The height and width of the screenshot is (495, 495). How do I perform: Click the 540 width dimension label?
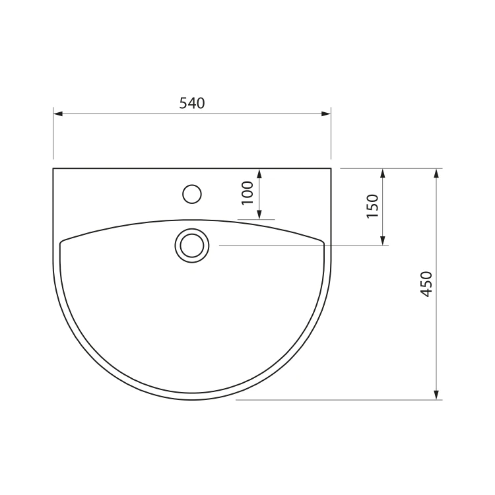192,103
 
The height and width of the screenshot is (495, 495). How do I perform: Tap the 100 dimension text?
247,193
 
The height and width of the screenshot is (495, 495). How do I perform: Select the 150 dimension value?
372,206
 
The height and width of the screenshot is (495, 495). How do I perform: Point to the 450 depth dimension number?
426,284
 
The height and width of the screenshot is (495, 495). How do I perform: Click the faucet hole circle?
192,194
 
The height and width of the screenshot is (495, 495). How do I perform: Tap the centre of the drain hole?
192,246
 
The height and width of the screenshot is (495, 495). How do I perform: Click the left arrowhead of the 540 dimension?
58,114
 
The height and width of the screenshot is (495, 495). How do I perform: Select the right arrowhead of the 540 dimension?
326,114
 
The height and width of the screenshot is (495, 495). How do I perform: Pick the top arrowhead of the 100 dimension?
259,174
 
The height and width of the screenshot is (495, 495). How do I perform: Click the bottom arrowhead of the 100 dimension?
259,214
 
